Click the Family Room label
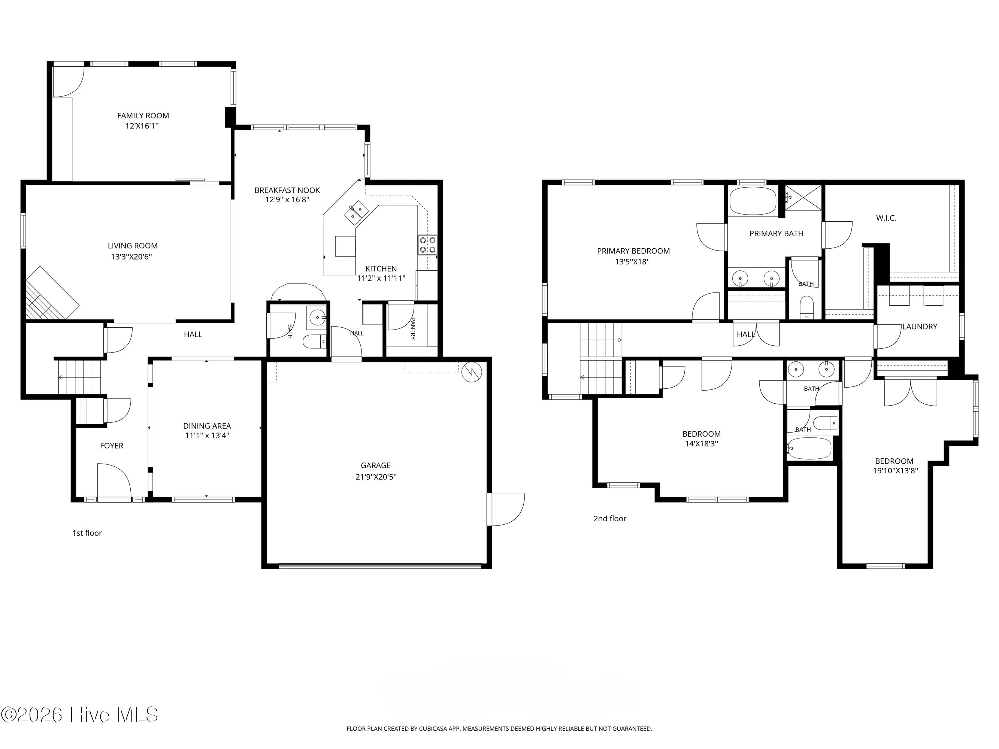click(x=143, y=116)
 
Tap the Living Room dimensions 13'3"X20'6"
click(x=132, y=257)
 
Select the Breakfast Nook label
click(x=287, y=191)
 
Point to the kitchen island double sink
click(x=356, y=213)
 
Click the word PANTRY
click(x=412, y=328)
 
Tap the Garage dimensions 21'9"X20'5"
click(x=376, y=477)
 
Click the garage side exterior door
click(x=506, y=509)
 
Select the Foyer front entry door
click(x=114, y=481)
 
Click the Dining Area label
click(x=207, y=426)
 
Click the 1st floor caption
click(x=87, y=533)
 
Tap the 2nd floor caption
click(x=610, y=519)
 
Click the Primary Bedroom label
click(x=633, y=251)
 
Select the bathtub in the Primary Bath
click(x=753, y=201)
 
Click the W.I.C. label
click(x=886, y=218)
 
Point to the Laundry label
click(x=920, y=327)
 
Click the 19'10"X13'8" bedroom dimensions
click(x=895, y=470)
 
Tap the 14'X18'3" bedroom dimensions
click(x=701, y=444)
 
